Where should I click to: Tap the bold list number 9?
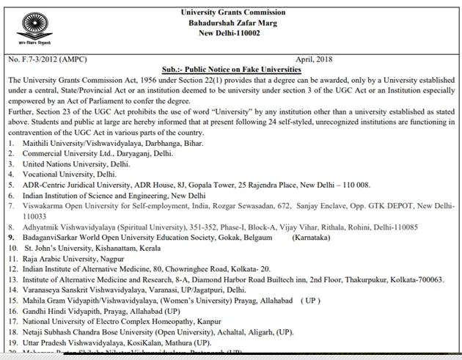pos(10,238)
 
